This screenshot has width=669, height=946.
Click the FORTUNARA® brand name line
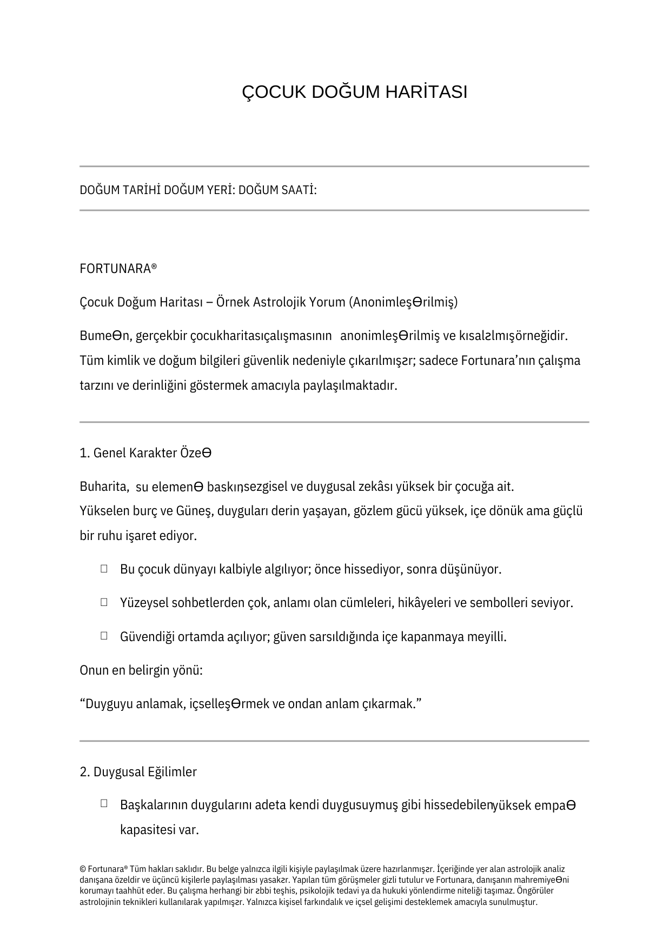pos(118,269)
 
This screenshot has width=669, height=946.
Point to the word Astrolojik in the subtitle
pos(280,302)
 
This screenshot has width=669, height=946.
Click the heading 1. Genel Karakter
pos(145,453)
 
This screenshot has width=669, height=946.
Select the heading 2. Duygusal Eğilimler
pos(138,772)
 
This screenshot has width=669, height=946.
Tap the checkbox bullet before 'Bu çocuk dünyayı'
pos(104,569)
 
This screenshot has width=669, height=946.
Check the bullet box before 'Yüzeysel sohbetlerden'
pos(104,602)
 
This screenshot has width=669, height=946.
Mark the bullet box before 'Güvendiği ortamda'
pos(104,636)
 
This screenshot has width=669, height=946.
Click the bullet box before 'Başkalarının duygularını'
pos(104,804)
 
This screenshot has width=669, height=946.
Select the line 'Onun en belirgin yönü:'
pos(141,671)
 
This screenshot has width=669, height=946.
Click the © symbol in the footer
pos(83,869)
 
